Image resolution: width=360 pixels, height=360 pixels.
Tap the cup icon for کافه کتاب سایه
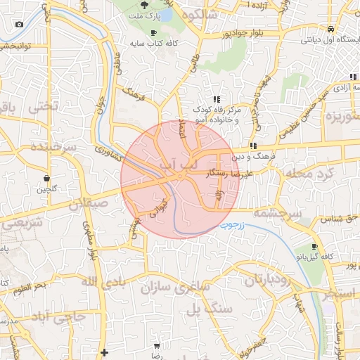pyautogui.click(x=154, y=33)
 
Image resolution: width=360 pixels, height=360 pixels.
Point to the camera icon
pyautogui.click(x=18, y=25)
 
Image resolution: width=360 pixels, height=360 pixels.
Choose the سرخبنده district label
pyautogui.click(x=53, y=148)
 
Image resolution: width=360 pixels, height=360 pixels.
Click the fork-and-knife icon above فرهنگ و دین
pyautogui.click(x=252, y=146)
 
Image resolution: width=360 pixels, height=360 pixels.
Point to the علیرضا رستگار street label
pyautogui.click(x=224, y=172)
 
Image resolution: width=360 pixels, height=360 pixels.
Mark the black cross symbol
pyautogui.click(x=105, y=352)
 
